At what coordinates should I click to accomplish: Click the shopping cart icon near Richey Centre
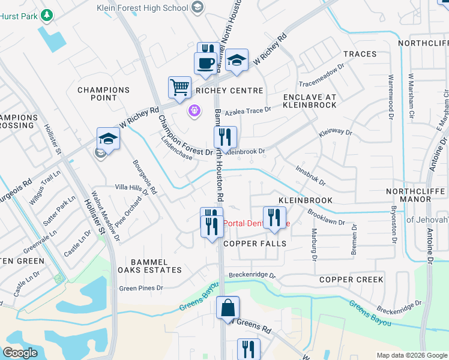point(179,87)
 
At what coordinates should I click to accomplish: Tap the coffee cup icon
point(205,62)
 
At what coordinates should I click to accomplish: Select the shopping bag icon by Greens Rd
point(228,308)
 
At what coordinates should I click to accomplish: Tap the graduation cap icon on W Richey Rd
point(237,60)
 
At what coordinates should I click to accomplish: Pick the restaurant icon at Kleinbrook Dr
point(225,137)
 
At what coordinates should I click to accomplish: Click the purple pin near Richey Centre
point(194,110)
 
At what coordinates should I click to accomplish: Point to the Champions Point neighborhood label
point(103,94)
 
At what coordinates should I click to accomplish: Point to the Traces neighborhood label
point(360,54)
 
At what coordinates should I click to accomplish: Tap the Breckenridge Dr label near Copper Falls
point(251,276)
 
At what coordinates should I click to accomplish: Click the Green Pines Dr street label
point(141,288)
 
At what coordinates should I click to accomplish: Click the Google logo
point(20,352)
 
